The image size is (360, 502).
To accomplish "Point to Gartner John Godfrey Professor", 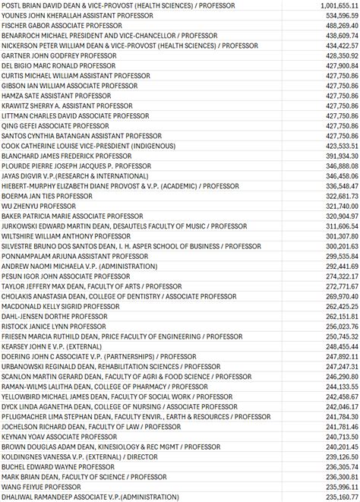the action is click(x=53, y=55).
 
